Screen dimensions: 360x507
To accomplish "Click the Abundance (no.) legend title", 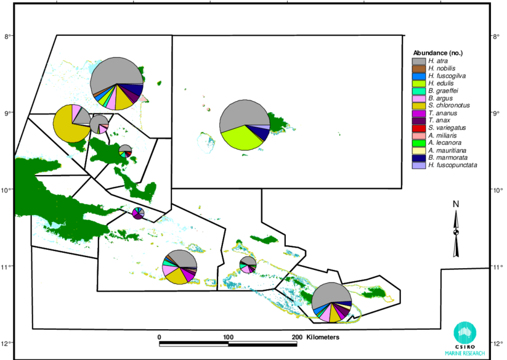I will pos(437,52).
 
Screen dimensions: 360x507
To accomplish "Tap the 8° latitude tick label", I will pos(495,37).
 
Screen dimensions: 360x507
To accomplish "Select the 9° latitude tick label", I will pos(495,113).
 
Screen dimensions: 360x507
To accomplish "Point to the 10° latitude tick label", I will pos(497,190).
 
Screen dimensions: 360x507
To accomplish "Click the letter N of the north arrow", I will pos(456,205).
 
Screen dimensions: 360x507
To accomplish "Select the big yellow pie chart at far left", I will pos(69,126).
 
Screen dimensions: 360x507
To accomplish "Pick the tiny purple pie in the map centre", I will pos(137,213).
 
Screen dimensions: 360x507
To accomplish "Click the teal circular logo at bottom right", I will pos(464,333).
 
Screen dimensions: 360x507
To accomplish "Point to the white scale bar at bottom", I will pos(228,343).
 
